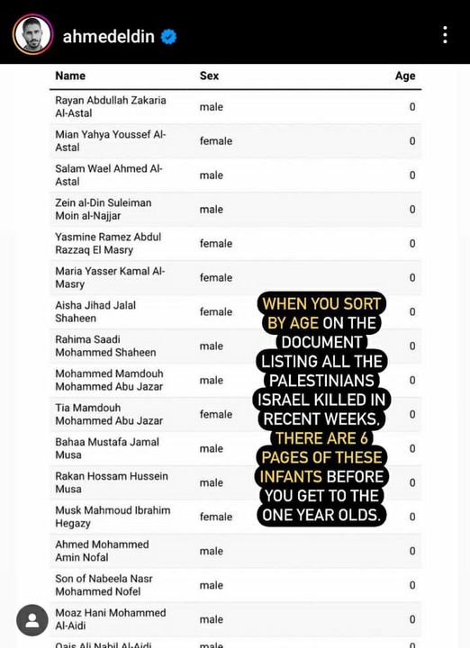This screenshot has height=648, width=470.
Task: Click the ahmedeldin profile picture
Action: click(x=32, y=35)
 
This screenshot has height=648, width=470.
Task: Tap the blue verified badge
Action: click(x=168, y=37)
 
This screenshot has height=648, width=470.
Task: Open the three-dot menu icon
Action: click(x=445, y=35)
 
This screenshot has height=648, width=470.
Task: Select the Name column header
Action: click(x=70, y=76)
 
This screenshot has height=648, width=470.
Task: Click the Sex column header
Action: click(x=209, y=76)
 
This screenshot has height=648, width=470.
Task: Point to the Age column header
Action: click(x=405, y=76)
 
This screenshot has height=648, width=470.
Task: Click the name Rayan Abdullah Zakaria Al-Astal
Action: click(x=111, y=107)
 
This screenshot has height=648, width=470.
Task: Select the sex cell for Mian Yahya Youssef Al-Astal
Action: click(x=216, y=141)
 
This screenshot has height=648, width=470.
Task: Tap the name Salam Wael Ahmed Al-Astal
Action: click(x=108, y=175)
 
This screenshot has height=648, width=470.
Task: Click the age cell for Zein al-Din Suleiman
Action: click(x=412, y=210)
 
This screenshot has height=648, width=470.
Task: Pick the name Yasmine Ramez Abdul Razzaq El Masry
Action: click(x=108, y=244)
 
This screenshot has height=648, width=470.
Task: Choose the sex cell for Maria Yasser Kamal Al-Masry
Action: click(x=216, y=278)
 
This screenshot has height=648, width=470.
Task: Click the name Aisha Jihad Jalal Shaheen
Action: click(x=95, y=312)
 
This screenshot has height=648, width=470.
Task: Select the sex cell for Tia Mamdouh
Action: click(x=216, y=415)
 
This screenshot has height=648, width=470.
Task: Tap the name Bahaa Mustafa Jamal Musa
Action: click(x=107, y=449)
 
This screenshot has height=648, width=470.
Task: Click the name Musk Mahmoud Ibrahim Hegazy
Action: click(x=113, y=517)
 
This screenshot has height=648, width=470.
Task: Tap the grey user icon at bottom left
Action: click(x=32, y=620)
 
